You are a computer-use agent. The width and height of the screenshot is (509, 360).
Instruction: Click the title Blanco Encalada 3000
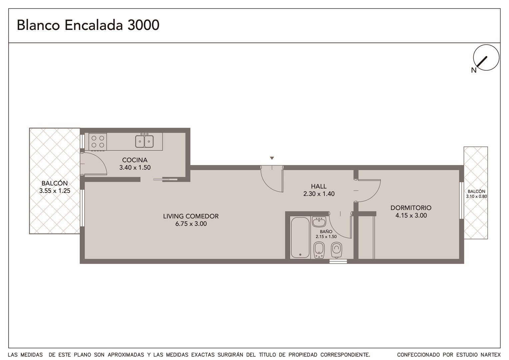pos(88,25)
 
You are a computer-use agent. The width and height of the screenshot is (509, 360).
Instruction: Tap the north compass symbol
pos(486,58)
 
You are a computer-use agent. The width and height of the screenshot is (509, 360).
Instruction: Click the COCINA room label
pos(135,160)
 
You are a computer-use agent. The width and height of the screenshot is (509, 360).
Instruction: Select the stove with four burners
pos(98,142)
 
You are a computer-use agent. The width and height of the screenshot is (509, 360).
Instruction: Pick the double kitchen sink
pos(144,141)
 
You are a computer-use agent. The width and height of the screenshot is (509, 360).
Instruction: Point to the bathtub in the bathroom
pos(300,238)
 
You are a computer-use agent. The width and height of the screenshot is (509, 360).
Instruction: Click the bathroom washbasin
pos(319,222)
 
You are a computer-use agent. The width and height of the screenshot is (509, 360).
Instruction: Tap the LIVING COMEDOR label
pos(191,216)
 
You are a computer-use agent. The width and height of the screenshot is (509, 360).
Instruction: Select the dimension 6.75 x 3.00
pos(191,224)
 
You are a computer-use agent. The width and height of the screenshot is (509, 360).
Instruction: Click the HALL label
pos(319,186)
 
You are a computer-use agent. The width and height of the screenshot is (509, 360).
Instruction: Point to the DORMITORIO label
pos(411,208)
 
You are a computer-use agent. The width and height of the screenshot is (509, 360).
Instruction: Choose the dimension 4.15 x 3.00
pos(411,215)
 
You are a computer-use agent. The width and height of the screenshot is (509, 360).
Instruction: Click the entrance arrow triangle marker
pos(272,158)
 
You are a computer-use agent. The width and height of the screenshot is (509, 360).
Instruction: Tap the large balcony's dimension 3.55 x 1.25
pos(55,191)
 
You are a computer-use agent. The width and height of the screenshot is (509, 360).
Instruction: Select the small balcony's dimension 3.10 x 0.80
pos(476,196)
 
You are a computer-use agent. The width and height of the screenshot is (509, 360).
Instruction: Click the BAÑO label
pos(326,232)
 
